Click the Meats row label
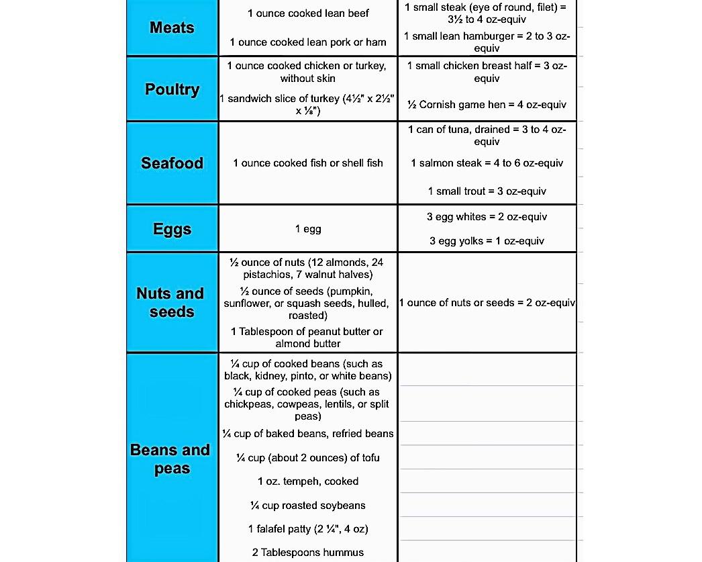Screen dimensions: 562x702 [172, 28]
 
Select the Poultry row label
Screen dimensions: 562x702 [172, 89]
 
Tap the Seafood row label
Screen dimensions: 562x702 [172, 163]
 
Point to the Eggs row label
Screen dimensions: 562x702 [172, 229]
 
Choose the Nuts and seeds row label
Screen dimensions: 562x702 [170, 302]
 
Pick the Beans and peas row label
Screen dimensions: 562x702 [170, 459]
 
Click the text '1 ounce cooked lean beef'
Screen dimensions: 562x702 [308, 13]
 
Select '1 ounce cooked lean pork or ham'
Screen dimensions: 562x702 [308, 42]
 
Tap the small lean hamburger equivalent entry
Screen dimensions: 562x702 [487, 42]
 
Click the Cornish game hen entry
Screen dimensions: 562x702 [487, 105]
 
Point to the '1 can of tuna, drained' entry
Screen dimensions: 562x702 [487, 135]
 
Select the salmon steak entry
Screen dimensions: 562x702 [487, 163]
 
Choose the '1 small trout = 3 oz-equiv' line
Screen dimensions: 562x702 [487, 191]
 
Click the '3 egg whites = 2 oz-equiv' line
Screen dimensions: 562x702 [487, 217]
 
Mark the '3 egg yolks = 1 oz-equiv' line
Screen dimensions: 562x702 [487, 241]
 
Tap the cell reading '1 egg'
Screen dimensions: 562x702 [308, 229]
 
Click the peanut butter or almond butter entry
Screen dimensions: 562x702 [308, 337]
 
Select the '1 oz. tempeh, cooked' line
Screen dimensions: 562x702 [308, 481]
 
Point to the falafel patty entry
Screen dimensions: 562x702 [308, 529]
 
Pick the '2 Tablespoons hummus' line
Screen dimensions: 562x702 [308, 553]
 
